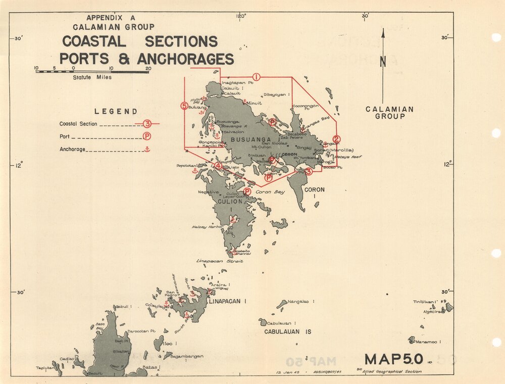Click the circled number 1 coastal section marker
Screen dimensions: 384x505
pyautogui.click(x=257, y=77)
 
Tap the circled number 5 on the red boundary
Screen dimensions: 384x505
pyautogui.click(x=184, y=106)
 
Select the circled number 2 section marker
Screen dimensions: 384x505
pyautogui.click(x=337, y=139)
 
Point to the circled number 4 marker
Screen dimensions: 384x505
pyautogui.click(x=218, y=166)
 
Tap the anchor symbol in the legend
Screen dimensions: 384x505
pyautogui.click(x=147, y=149)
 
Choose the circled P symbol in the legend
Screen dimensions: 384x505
pyautogui.click(x=146, y=136)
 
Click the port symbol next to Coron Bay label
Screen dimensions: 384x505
pyautogui.click(x=247, y=191)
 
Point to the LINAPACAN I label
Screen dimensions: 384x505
pyautogui.click(x=227, y=302)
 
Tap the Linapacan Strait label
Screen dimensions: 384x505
pyautogui.click(x=219, y=261)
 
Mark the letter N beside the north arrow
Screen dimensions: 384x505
pyautogui.click(x=383, y=62)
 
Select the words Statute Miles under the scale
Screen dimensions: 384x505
pyautogui.click(x=92, y=77)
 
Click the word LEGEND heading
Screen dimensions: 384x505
pyautogui.click(x=116, y=112)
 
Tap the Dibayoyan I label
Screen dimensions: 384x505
pyautogui.click(x=277, y=94)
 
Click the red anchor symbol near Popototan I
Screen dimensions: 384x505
pyautogui.click(x=194, y=171)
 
